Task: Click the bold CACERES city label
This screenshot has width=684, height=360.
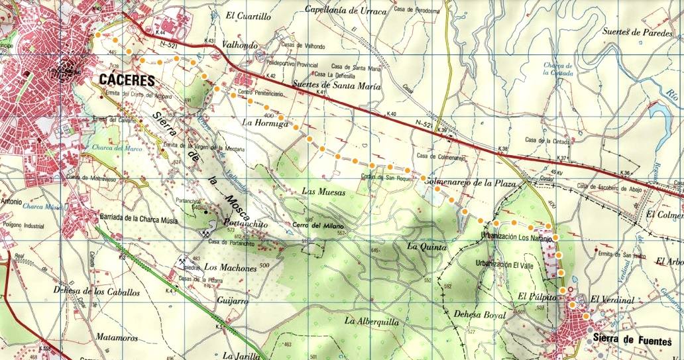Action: pyautogui.click(x=127, y=81)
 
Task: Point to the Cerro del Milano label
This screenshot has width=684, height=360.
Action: pyautogui.click(x=315, y=225)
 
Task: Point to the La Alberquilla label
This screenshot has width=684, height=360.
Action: pyautogui.click(x=371, y=321)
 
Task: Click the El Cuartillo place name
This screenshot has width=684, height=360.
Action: pyautogui.click(x=249, y=17)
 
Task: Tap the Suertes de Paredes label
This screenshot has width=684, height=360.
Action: pyautogui.click(x=639, y=32)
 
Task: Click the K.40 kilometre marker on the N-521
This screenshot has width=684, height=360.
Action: pyautogui.click(x=394, y=114)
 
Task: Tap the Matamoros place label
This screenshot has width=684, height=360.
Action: pyautogui.click(x=115, y=337)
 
